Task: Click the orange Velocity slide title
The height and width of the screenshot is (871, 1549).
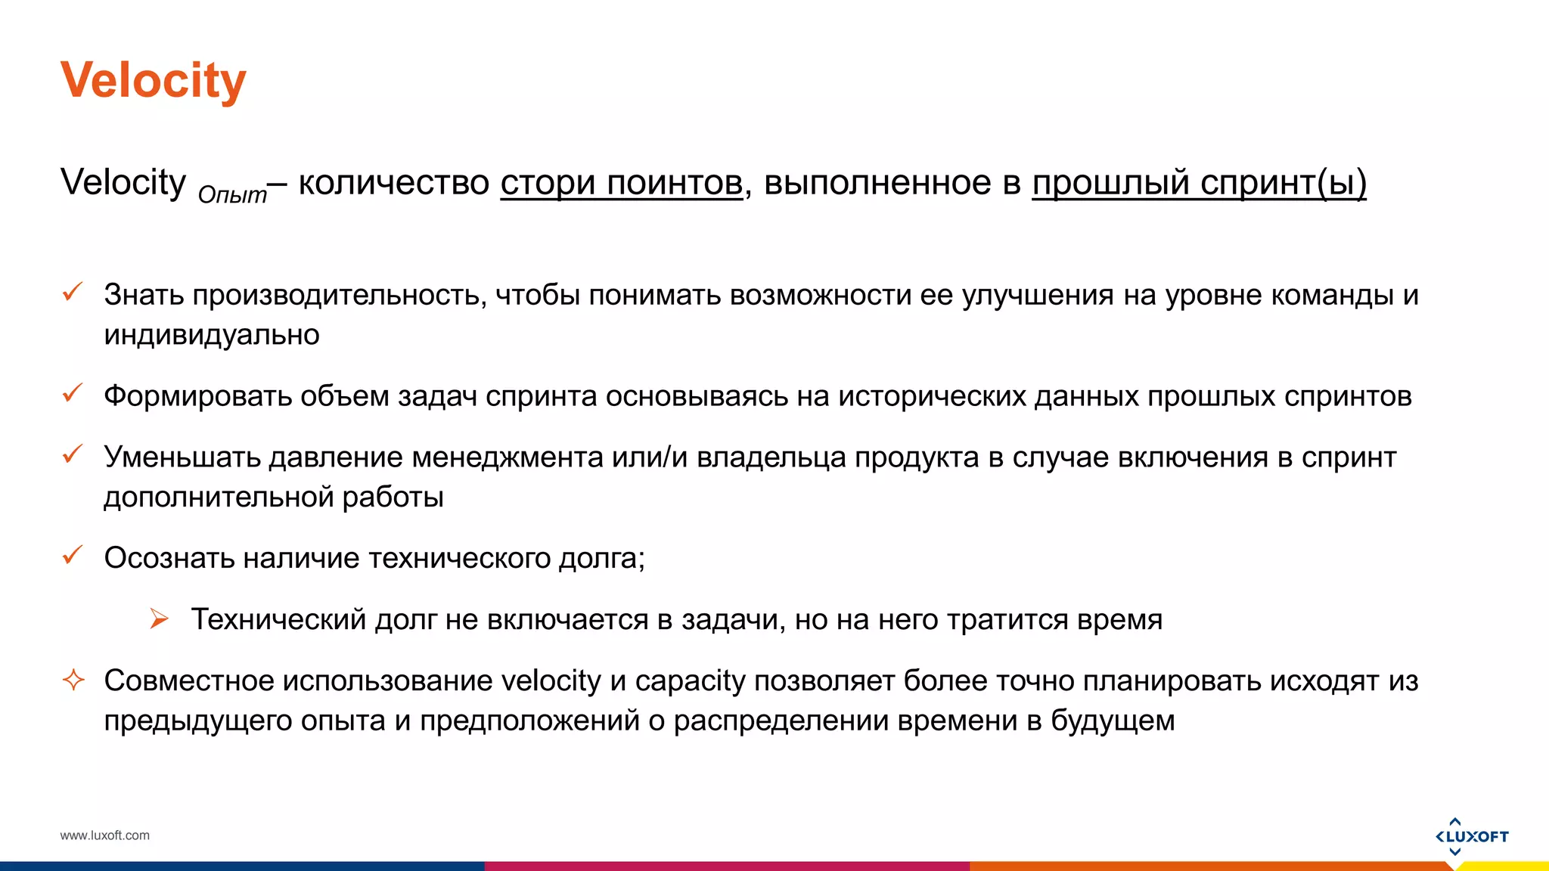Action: pos(154,80)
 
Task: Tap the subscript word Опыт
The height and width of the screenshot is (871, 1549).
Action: pos(232,195)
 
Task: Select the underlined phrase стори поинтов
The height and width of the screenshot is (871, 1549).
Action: pos(621,183)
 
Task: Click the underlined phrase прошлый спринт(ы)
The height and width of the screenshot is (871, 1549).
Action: pos(1199,183)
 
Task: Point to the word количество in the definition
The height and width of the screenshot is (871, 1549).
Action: pos(394,183)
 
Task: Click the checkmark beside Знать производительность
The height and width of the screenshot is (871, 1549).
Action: pos(73,292)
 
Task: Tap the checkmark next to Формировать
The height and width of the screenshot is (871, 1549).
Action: pos(73,393)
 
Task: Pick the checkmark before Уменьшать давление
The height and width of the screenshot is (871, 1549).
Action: pos(73,454)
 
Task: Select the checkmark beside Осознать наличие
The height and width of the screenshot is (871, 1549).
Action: pos(73,556)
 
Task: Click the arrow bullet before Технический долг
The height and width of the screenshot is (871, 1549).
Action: pos(159,618)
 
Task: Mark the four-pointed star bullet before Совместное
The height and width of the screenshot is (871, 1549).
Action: pos(73,680)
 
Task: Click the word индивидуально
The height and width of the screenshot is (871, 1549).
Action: pos(212,335)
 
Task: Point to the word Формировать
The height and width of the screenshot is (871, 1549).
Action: pos(197,396)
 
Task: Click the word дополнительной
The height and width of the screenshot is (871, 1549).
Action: pos(219,497)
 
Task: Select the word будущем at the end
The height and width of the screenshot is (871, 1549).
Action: pos(1113,721)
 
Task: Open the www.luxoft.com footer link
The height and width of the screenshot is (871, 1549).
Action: pos(105,835)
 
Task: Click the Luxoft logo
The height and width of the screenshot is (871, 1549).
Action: pos(1471,836)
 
